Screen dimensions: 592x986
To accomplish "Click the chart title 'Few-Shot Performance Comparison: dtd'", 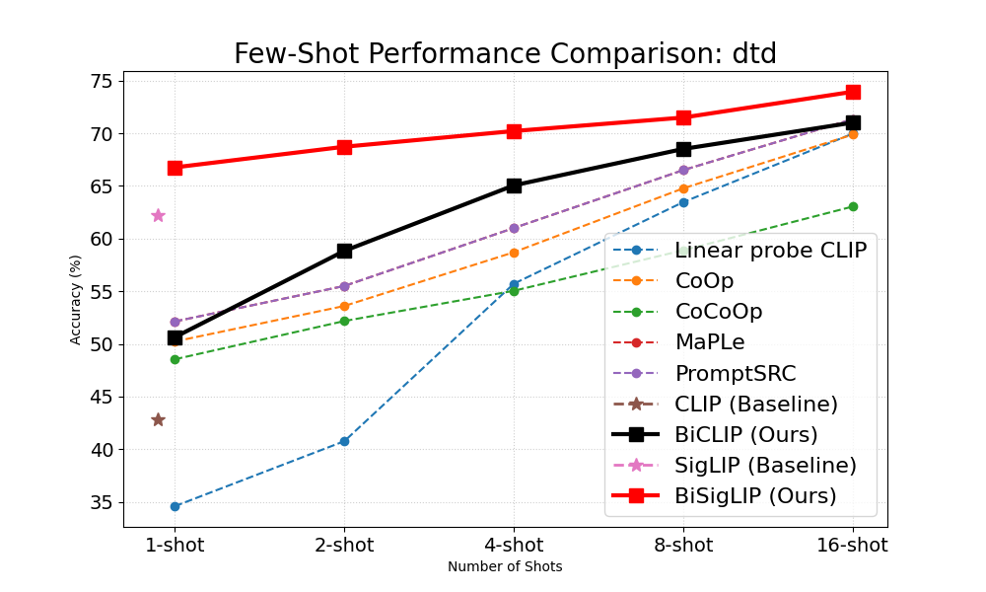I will pyautogui.click(x=505, y=54).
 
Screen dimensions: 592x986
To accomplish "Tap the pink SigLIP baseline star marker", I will pyautogui.click(x=158, y=215).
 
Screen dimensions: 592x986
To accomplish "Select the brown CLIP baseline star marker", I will pyautogui.click(x=158, y=419).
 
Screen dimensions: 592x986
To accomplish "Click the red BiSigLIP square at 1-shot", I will pyautogui.click(x=175, y=168).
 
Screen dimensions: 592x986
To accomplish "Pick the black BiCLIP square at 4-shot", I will pyautogui.click(x=514, y=185).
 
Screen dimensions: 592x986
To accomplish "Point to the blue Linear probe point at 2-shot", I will pyautogui.click(x=344, y=441).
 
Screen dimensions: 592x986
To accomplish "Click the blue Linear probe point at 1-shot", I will pyautogui.click(x=175, y=506).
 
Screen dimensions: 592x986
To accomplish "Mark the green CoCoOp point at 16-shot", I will pyautogui.click(x=853, y=206).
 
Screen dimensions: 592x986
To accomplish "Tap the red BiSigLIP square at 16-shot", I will pyautogui.click(x=853, y=92).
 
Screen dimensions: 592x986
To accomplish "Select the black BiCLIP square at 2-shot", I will pyautogui.click(x=344, y=251).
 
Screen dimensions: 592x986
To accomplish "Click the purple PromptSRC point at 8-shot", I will pyautogui.click(x=683, y=170).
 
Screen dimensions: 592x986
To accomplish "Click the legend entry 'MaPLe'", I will pyautogui.click(x=709, y=342).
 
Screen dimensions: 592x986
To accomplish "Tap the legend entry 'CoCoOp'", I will pyautogui.click(x=718, y=312).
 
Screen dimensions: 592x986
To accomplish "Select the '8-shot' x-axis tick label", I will pyautogui.click(x=683, y=545).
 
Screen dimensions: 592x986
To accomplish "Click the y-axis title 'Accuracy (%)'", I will pyautogui.click(x=76, y=299).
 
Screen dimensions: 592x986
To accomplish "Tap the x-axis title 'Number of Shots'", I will pyautogui.click(x=505, y=567).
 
